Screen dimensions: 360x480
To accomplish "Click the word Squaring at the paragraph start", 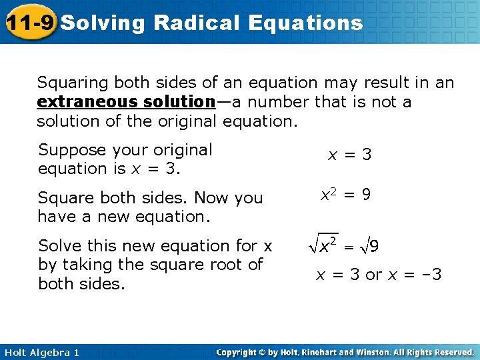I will tap(73, 83).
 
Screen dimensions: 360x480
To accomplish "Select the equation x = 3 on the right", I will tap(349, 155).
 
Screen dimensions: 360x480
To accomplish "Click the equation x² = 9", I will tap(345, 195).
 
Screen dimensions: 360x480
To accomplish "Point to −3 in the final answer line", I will tap(432, 274).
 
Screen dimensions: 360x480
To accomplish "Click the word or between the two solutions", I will tap(374, 274).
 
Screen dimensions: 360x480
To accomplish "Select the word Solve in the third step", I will tap(57, 245).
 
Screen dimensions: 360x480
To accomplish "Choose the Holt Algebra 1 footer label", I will tap(42, 352).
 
